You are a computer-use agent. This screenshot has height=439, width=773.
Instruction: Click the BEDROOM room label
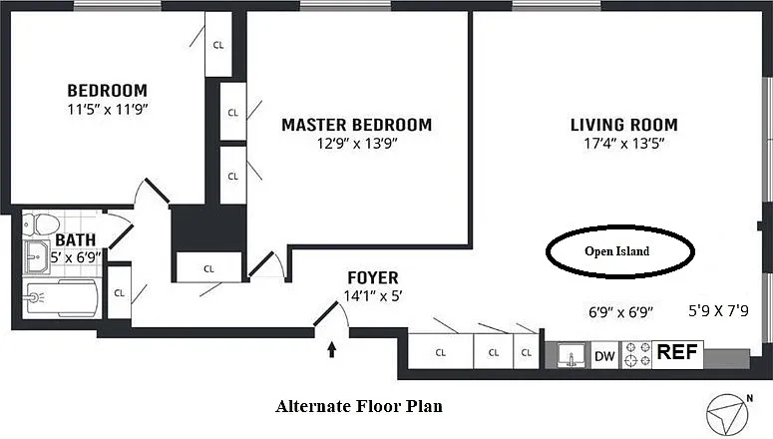[107, 90]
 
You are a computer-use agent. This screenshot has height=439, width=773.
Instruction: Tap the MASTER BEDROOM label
[356, 125]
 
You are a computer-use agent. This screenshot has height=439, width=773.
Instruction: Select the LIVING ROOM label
[623, 125]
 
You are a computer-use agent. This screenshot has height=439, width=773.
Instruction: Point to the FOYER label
[372, 277]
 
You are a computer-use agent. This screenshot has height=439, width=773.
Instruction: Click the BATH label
[76, 240]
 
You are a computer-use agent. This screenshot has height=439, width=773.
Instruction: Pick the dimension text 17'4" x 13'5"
[623, 143]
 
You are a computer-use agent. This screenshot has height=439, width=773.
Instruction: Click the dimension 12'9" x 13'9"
[356, 143]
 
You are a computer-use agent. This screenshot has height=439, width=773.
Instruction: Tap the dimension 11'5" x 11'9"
[107, 108]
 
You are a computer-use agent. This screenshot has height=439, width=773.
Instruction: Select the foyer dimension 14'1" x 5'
[372, 295]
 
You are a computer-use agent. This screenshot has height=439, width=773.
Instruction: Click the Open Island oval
[618, 251]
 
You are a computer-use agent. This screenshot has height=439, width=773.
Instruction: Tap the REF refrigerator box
[678, 352]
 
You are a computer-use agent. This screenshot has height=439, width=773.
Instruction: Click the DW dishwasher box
[605, 354]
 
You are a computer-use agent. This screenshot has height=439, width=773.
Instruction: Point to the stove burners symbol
[636, 354]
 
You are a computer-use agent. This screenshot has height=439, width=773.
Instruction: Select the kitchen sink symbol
[573, 356]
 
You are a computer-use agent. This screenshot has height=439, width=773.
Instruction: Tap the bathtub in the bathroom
[60, 296]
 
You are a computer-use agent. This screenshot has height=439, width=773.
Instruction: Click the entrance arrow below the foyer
[332, 349]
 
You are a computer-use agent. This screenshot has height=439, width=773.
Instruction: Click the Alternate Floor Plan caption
[358, 406]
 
